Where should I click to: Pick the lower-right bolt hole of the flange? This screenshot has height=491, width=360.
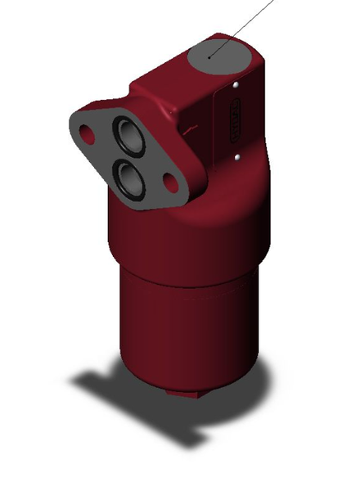click(x=173, y=180)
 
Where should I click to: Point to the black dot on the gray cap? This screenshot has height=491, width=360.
click(x=211, y=56)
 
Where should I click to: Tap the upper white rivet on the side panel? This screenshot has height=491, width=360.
click(x=236, y=83)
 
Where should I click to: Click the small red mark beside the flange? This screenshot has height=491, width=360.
click(x=190, y=128)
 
